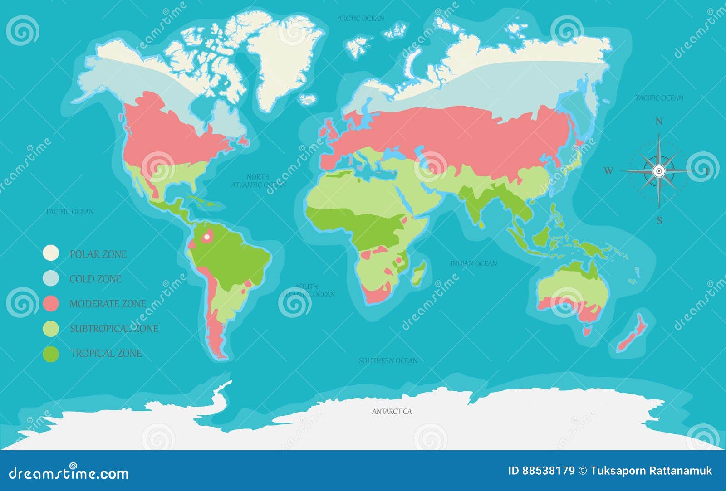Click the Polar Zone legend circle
click(x=51, y=253)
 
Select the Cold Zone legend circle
click(x=51, y=278)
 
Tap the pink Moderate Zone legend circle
click(x=51, y=303)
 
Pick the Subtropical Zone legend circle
click(x=51, y=328)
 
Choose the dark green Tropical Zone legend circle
click(x=51, y=354)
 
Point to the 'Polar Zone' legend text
click(x=98, y=254)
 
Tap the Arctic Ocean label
click(x=361, y=19)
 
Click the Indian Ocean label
click(x=473, y=263)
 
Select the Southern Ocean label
click(x=388, y=360)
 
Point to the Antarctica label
click(x=392, y=412)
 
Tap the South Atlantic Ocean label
click(x=308, y=291)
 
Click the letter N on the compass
click(x=659, y=122)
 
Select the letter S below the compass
click(x=659, y=221)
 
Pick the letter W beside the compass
click(x=608, y=171)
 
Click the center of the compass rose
click(x=659, y=171)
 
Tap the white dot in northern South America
click(x=207, y=237)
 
